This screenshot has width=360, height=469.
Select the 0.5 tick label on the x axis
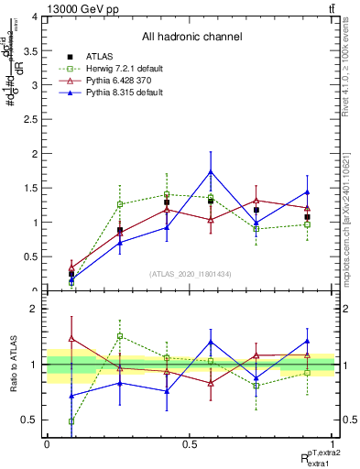pyautogui.click(x=190, y=443)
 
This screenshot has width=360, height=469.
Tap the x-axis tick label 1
pyautogui.click(x=333, y=443)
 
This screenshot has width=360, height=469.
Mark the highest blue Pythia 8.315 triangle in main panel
pyautogui.click(x=211, y=171)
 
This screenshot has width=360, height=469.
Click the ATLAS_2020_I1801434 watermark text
pyautogui.click(x=191, y=275)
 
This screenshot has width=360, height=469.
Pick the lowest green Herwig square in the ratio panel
pyautogui.click(x=71, y=421)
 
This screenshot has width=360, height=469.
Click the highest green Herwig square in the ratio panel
pyautogui.click(x=120, y=336)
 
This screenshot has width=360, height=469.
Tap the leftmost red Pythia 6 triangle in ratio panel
pyautogui.click(x=71, y=339)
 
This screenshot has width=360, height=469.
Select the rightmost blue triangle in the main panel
pyautogui.click(x=307, y=192)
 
